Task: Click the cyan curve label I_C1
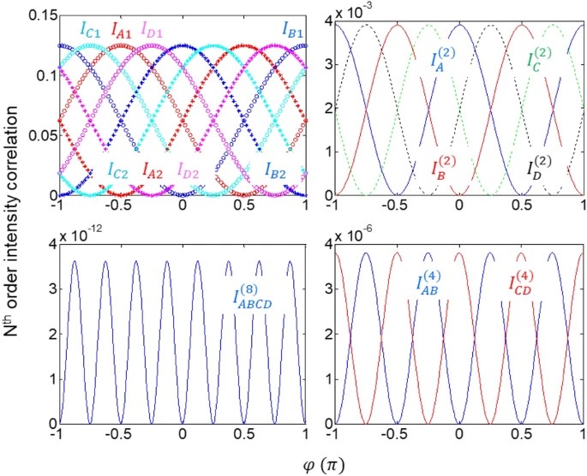point(90,30)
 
